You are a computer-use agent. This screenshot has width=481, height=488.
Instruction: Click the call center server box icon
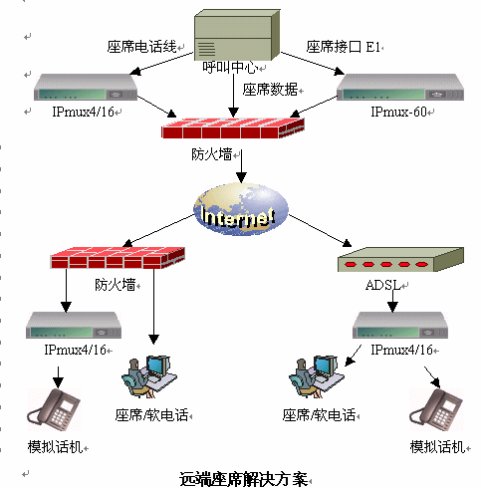click(237, 35)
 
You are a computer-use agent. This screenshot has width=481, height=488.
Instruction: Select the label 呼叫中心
click(230, 68)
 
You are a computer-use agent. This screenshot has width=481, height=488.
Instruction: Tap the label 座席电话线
click(141, 47)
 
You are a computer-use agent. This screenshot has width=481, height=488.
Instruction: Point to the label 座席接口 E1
click(343, 47)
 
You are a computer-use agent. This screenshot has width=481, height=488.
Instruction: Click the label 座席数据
click(270, 90)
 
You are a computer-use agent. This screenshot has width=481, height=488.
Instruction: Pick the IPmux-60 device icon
click(400, 87)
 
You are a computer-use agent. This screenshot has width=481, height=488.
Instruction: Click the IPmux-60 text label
click(398, 112)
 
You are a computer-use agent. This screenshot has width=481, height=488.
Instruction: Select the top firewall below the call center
click(233, 127)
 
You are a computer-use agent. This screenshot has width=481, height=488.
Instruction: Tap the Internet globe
click(241, 209)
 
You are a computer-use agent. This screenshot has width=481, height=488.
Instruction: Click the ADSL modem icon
click(400, 260)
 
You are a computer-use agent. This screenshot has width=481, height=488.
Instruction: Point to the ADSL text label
click(383, 285)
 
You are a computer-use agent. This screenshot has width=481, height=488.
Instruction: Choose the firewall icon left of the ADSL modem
click(118, 258)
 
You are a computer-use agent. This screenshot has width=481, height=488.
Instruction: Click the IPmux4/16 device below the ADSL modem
click(400, 326)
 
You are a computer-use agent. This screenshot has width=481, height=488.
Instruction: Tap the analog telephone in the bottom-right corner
click(436, 410)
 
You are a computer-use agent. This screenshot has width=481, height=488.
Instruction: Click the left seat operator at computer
click(149, 376)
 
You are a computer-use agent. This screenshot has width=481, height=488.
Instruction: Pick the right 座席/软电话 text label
click(319, 415)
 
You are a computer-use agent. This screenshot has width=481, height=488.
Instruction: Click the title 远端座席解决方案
click(244, 479)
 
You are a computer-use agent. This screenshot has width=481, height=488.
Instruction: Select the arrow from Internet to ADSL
click(320, 231)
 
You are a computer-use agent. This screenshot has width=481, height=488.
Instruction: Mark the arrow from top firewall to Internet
click(241, 166)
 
